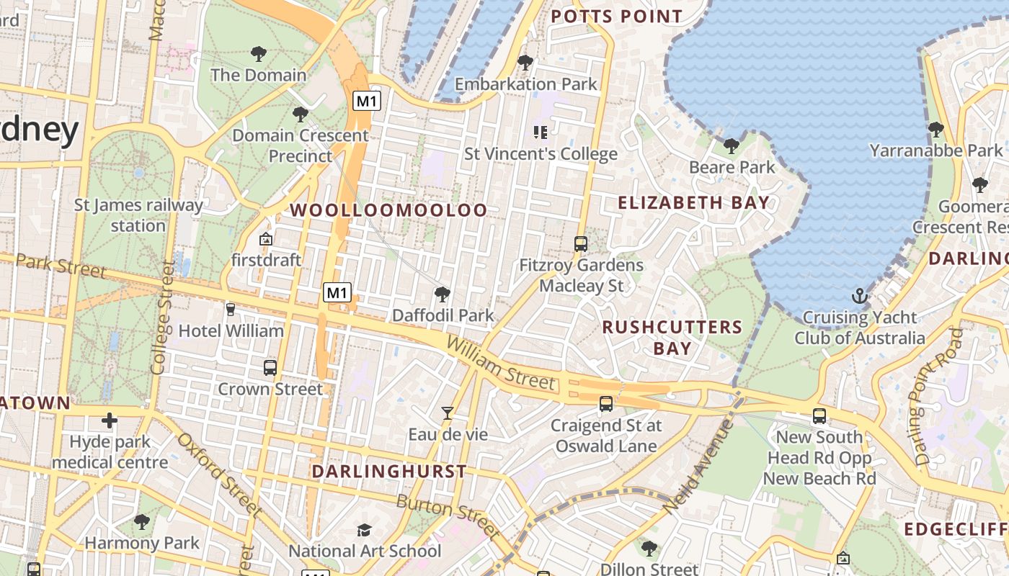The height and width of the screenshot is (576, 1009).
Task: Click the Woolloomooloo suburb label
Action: [x=388, y=210]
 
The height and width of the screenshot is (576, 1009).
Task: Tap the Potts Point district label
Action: [x=616, y=16]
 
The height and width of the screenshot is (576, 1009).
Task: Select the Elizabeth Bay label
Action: [x=694, y=203]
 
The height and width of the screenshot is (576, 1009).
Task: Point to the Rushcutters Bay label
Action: [x=672, y=338]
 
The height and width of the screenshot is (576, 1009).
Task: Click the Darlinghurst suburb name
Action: [x=389, y=472]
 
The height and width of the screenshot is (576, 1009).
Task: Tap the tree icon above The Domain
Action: [x=258, y=53]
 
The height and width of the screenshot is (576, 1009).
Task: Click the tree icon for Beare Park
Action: [x=732, y=146]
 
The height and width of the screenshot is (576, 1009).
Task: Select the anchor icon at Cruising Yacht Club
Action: [x=859, y=296]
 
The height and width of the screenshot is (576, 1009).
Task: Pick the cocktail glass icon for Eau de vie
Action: [x=448, y=413]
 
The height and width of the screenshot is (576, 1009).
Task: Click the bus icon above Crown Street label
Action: [x=270, y=368]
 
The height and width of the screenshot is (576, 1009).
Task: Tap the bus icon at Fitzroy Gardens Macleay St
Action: [x=581, y=243]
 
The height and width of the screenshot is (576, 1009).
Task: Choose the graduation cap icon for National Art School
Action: [x=365, y=531]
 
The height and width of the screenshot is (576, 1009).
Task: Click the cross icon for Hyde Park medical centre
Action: [x=110, y=420]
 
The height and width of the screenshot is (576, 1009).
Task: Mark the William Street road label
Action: [x=501, y=364]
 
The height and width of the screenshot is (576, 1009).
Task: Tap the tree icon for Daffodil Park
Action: [x=443, y=294]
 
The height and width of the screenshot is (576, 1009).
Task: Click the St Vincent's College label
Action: [x=541, y=154]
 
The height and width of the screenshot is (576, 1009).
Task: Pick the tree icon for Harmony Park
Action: [x=142, y=521]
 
